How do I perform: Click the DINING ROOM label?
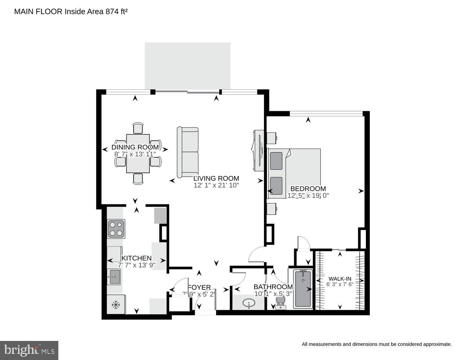[135, 147]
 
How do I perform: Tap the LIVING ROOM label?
[216, 178]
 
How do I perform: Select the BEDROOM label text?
[308, 189]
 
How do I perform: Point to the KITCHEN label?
[136, 258]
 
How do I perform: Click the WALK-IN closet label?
[340, 279]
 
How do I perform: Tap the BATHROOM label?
[273, 287]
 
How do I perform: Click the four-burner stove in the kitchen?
[116, 229]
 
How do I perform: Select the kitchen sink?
[115, 277]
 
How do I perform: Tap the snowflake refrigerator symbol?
[116, 305]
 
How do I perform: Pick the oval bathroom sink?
[248, 303]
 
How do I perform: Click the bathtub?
[303, 289]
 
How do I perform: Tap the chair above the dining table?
[138, 128]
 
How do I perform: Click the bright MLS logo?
[29, 350]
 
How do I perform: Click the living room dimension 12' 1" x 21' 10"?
[216, 185]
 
